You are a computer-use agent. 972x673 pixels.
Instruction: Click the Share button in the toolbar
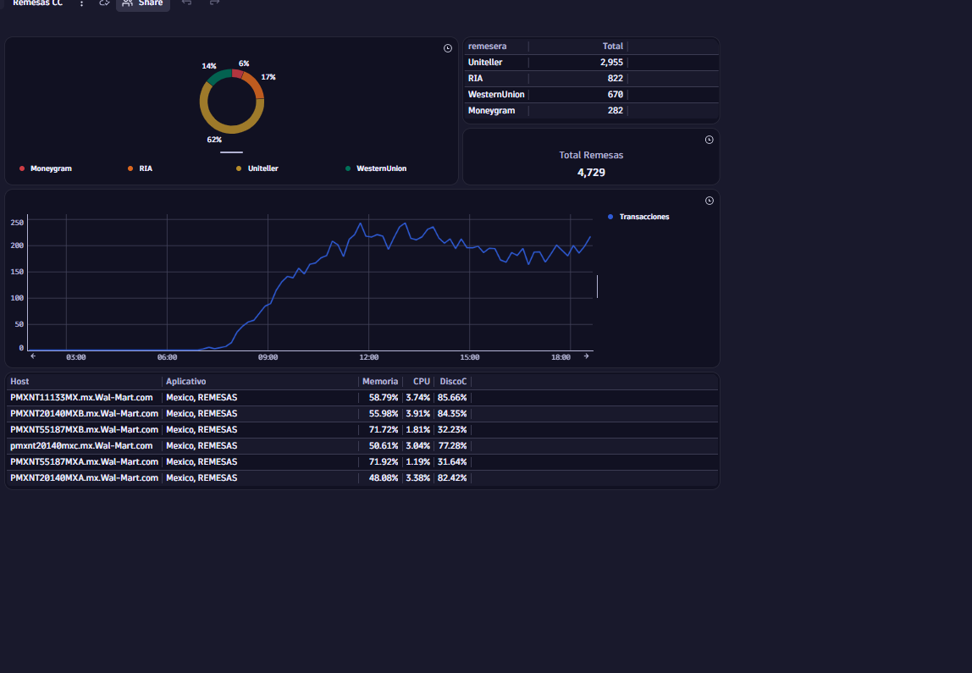143,3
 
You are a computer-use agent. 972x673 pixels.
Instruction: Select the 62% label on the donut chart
214,140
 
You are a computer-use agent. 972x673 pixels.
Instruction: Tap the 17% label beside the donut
268,78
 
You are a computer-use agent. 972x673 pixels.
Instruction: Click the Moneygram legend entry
46,168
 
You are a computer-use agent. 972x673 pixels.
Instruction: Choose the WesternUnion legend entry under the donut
376,168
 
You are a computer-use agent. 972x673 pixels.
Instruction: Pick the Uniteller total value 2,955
611,63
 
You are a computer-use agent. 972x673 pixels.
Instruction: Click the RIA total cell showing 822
615,79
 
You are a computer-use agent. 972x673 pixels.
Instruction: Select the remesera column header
487,47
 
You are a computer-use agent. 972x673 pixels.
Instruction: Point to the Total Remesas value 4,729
591,173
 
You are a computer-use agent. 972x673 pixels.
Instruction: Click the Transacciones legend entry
638,217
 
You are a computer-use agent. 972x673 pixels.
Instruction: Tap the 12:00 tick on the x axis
369,357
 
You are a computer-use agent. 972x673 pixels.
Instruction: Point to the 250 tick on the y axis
17,223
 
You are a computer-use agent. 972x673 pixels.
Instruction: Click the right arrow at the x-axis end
587,356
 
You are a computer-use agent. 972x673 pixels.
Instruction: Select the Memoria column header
380,382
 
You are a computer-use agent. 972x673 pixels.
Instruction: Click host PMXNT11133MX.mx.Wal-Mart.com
81,398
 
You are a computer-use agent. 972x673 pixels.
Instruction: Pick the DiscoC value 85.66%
452,398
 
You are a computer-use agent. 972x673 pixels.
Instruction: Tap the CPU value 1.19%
417,462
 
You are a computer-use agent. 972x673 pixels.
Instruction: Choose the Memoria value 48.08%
384,478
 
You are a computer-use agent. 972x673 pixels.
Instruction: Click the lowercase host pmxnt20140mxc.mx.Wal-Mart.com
81,446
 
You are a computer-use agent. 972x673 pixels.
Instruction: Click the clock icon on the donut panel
448,48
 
